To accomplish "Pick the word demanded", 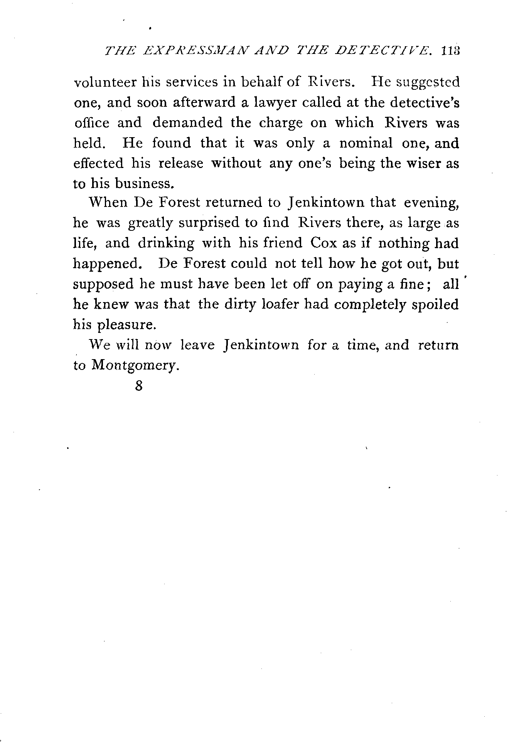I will [x=187, y=123].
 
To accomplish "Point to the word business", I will [x=143, y=183].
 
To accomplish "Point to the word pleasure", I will [x=126, y=325].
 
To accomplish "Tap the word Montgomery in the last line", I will [x=136, y=365].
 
